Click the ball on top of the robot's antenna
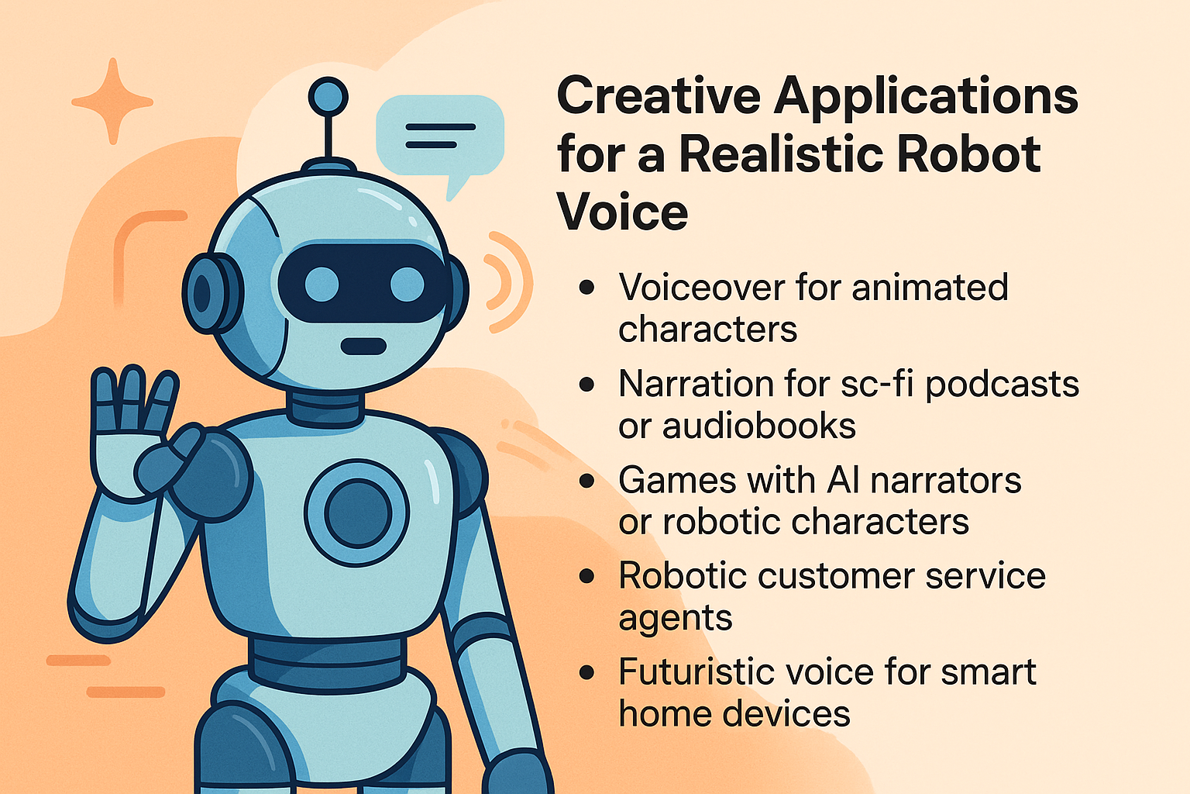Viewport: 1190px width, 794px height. point(328,97)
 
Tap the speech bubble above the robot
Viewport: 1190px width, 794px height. point(439,136)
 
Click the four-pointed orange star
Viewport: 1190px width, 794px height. point(112,101)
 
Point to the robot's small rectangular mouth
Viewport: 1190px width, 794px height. point(364,346)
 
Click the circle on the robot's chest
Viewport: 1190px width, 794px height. point(357,513)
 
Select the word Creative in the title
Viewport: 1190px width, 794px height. point(659,96)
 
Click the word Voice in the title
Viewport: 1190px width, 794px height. point(622,212)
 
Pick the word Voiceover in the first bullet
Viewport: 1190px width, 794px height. point(701,288)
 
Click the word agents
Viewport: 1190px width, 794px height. point(675,619)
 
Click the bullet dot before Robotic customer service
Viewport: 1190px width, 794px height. point(587,576)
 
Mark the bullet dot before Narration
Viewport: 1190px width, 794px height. point(587,385)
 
